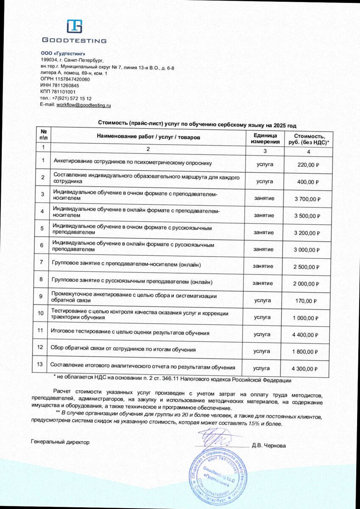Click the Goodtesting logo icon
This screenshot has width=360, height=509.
74,27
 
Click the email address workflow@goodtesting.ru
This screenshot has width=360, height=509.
84,105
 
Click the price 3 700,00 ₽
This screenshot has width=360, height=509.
307,199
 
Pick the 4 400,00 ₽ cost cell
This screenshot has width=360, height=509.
305,335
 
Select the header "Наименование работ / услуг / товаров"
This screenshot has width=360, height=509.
148,137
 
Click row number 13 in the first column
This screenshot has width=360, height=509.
40,364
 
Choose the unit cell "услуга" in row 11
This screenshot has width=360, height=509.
262,334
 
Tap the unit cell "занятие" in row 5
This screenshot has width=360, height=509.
264,232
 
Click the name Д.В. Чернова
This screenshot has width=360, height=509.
268,446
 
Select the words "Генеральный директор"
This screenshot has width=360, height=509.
60,442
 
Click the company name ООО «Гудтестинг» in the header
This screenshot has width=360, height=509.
60,53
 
